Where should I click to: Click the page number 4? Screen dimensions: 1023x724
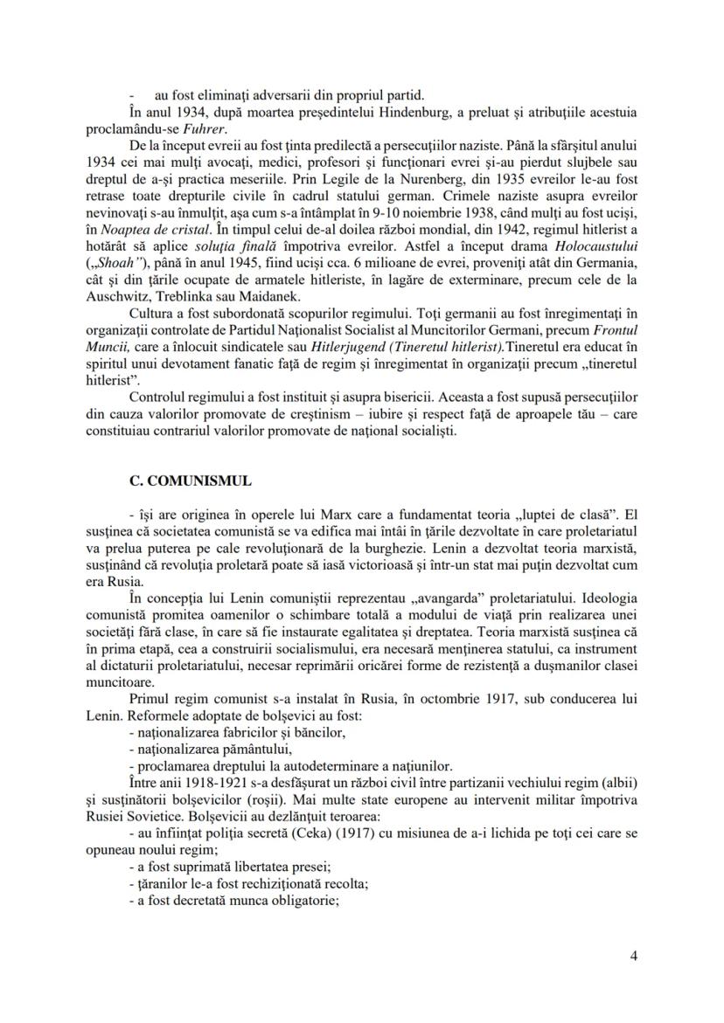click(633, 955)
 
